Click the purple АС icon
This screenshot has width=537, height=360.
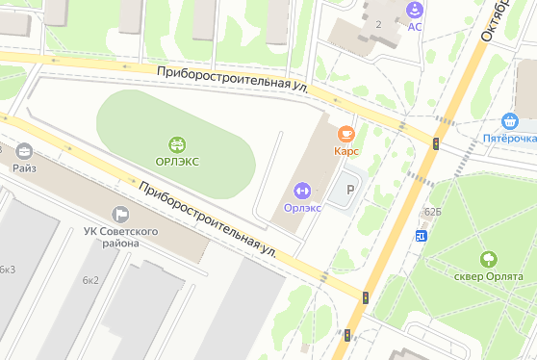pos(415,10)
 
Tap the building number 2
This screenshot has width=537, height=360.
pos(379,24)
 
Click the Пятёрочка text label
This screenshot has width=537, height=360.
pos(510,139)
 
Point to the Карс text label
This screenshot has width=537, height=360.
pos(346,151)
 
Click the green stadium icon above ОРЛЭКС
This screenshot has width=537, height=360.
pos(177,144)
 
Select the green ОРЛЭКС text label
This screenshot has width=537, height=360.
pos(177,161)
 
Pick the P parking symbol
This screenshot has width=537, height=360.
pos(349,190)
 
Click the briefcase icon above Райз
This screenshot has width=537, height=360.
pos(24,151)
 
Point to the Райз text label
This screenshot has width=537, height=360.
pos(24,167)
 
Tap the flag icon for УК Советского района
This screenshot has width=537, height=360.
pos(120,213)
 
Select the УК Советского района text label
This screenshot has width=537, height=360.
pos(120,236)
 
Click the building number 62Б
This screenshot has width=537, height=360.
pos(432,211)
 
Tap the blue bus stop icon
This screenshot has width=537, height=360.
pos(421,235)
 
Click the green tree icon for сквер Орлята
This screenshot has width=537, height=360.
pos(488,259)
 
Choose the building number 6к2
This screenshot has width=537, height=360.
pos(90,280)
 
